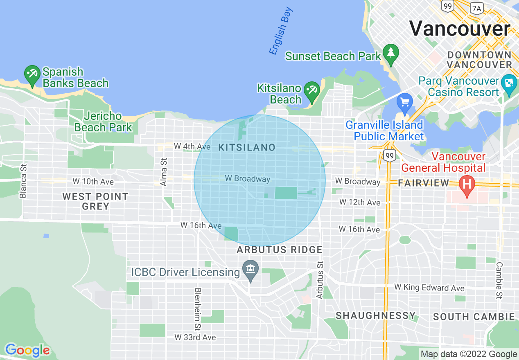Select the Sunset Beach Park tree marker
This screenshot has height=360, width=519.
pos(391,53)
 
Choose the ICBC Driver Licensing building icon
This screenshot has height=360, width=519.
pos(250,270)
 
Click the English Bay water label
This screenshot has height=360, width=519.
pos(281,31)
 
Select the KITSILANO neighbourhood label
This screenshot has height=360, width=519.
pos(247,148)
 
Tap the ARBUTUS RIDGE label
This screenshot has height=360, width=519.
pos(280,250)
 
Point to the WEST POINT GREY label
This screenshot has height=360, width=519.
pos(95,201)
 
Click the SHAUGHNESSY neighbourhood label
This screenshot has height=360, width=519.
pos(375,315)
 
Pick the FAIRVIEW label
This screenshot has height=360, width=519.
pos(424,183)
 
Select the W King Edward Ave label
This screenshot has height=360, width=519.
pos(429,288)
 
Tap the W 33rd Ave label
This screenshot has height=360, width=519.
pos(195,337)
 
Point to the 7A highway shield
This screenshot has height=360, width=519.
pos(476,7)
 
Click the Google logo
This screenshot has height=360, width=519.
pos(27,350)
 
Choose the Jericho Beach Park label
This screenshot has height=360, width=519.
pos(103,122)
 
